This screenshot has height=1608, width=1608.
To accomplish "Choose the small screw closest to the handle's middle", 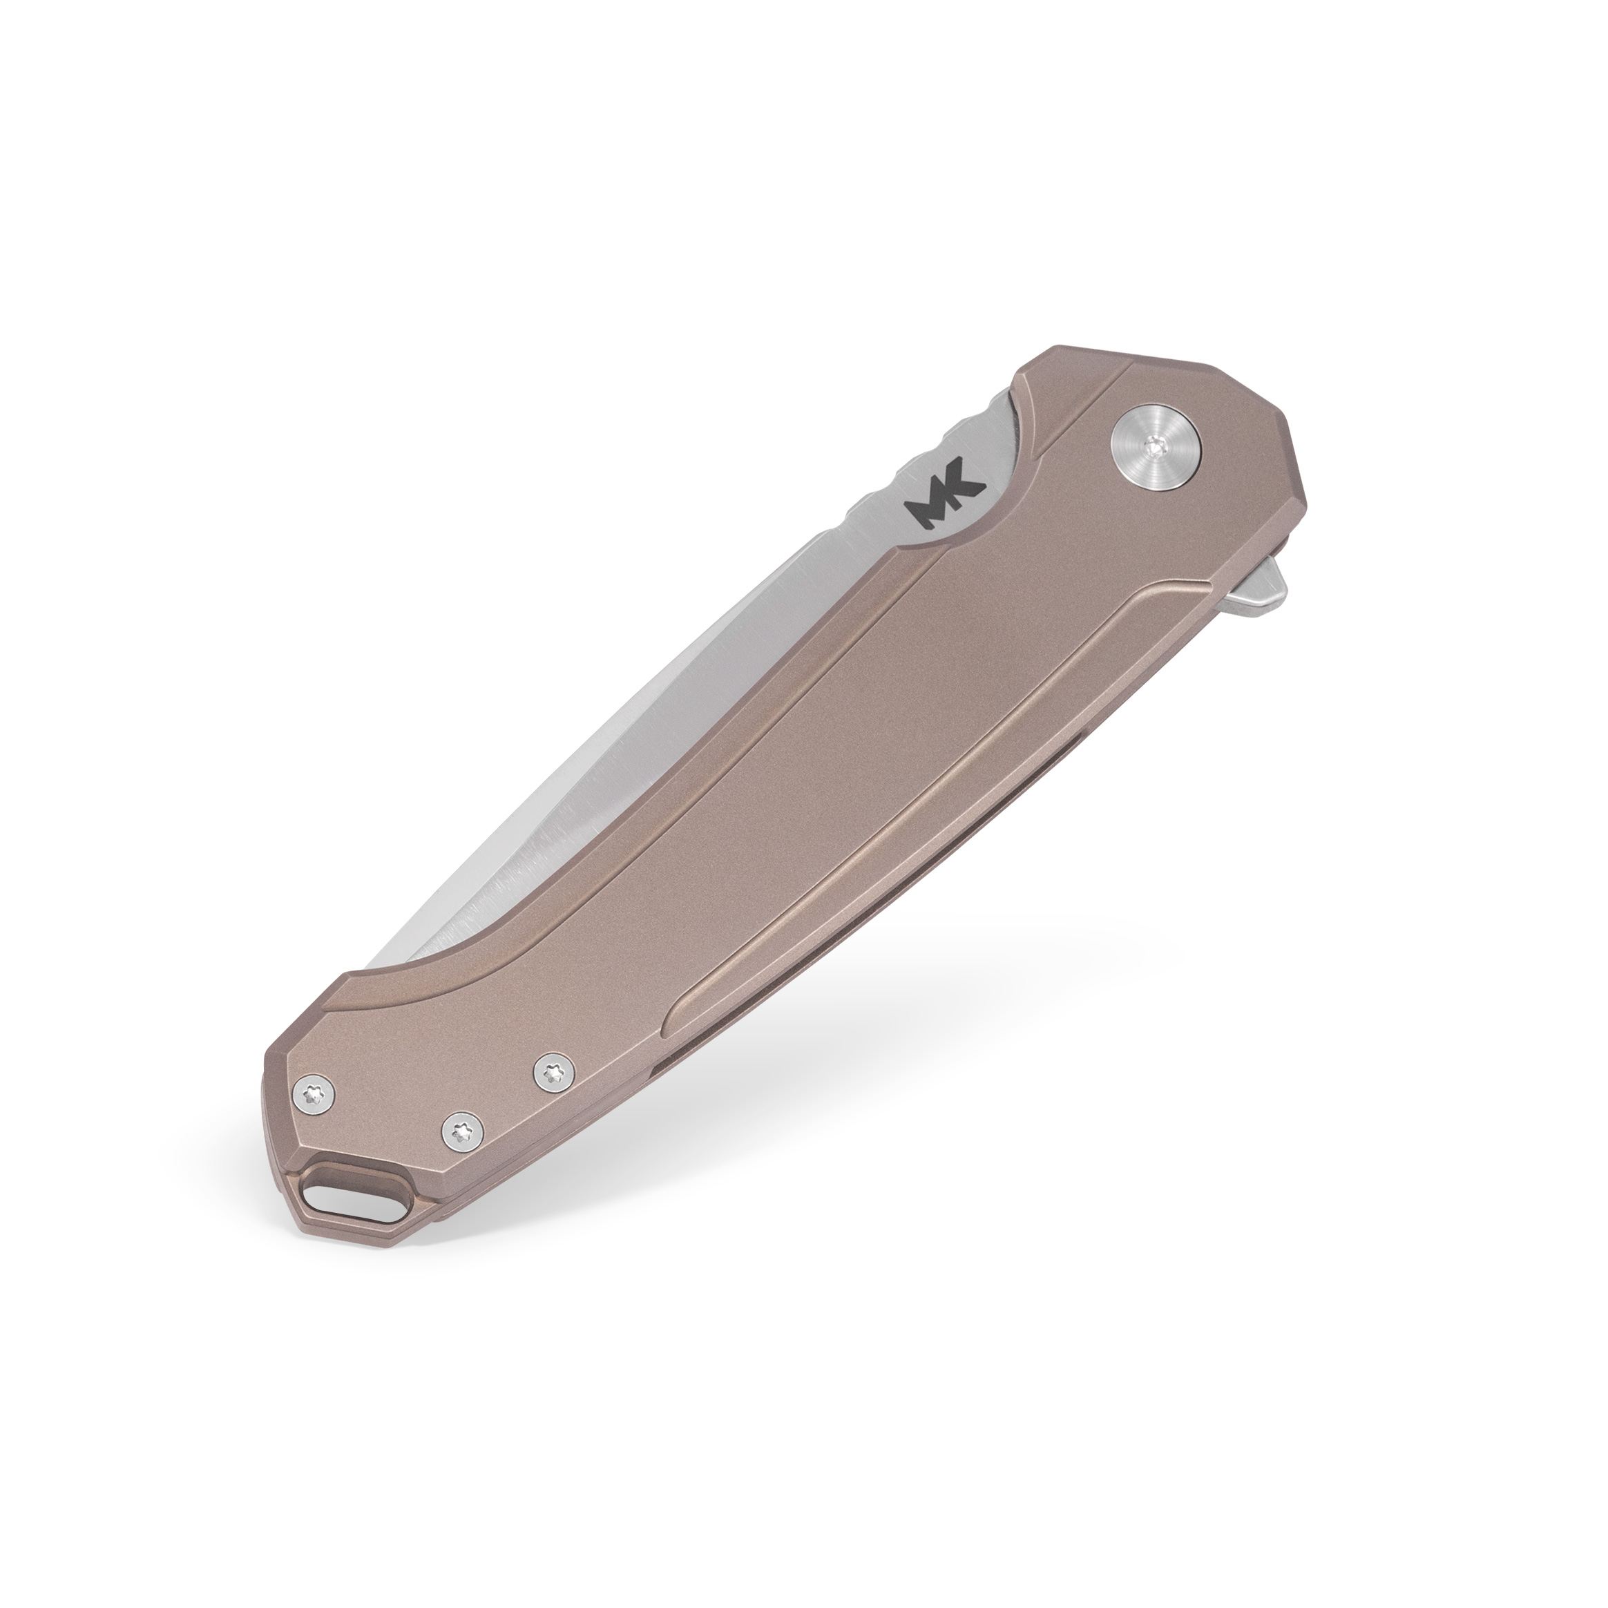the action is pos(553,1072).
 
